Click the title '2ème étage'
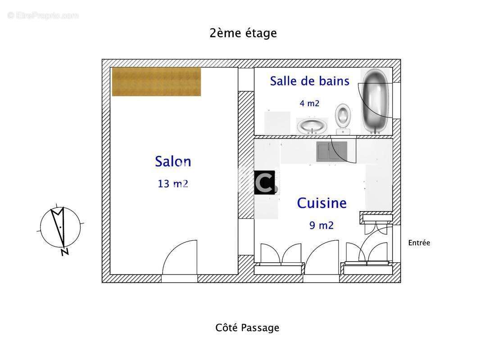(x=243, y=33)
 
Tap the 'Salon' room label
(x=173, y=162)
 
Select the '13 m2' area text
(x=173, y=184)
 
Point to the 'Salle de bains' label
(x=309, y=81)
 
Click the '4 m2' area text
(x=309, y=103)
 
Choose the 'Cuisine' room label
(x=322, y=203)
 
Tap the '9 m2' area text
(x=322, y=225)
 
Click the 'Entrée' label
(x=419, y=243)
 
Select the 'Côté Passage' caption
(x=247, y=328)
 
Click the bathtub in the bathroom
(x=376, y=101)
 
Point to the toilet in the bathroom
(x=343, y=118)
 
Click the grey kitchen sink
(x=331, y=151)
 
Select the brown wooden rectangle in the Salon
(x=156, y=81)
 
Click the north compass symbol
(x=60, y=227)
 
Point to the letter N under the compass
(x=65, y=252)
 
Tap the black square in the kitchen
(x=264, y=183)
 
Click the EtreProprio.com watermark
(x=43, y=15)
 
